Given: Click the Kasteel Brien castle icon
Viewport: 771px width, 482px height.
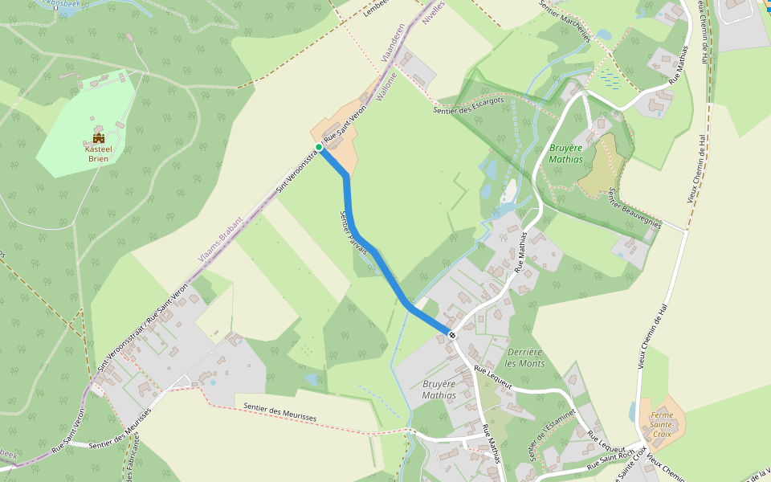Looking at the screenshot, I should click(99, 137).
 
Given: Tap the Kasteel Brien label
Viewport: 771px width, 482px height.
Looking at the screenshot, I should click(98, 153).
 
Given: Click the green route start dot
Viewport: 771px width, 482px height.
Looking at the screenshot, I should click(319, 148).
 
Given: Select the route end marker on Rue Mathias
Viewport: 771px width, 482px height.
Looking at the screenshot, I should click(452, 334).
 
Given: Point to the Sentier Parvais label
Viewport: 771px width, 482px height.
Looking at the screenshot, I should click(354, 233).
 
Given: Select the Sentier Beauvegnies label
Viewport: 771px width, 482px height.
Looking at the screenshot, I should click(634, 208).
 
